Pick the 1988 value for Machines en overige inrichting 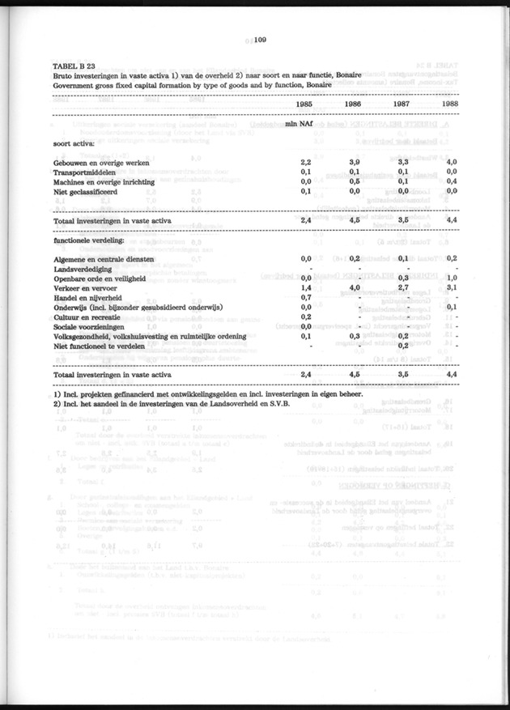(451, 181)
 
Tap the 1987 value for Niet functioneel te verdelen (402, 346)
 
